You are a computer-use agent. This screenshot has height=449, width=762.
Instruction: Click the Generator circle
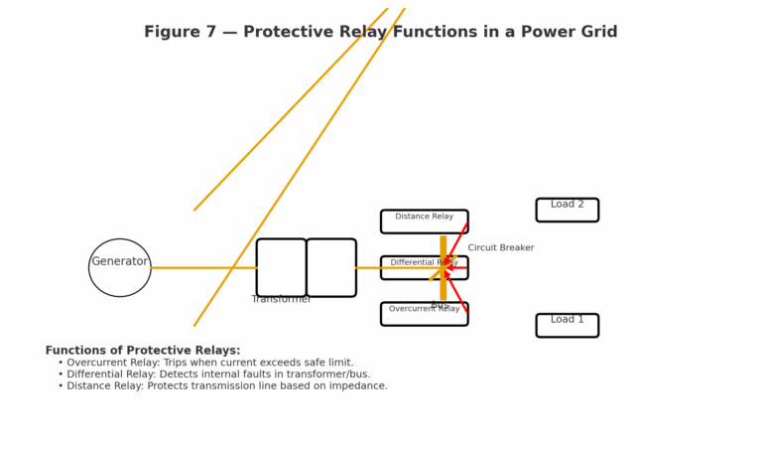click(x=119, y=267)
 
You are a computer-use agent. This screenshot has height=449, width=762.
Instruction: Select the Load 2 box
click(x=567, y=210)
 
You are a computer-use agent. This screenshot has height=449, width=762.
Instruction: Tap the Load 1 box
click(x=567, y=325)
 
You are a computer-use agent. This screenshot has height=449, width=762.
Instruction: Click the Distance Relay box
click(x=424, y=221)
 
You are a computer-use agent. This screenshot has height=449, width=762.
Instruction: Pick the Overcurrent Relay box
click(x=424, y=314)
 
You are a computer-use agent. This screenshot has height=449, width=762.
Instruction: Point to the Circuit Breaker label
click(x=500, y=247)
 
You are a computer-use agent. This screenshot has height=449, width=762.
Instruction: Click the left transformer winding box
click(x=281, y=267)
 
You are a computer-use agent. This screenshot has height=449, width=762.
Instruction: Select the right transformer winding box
click(x=331, y=267)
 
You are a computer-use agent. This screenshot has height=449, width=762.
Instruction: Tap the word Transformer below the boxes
click(x=281, y=299)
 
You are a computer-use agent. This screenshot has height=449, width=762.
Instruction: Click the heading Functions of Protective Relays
click(x=143, y=351)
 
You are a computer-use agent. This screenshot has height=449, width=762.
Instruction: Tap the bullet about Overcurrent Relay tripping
click(x=209, y=363)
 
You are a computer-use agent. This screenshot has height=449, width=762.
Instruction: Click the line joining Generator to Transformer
click(x=203, y=267)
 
